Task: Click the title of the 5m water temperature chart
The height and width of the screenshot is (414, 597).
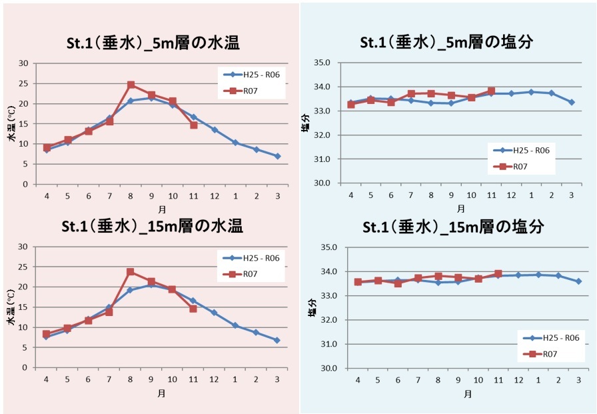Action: pyautogui.click(x=154, y=43)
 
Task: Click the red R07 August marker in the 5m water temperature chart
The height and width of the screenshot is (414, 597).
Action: pyautogui.click(x=131, y=85)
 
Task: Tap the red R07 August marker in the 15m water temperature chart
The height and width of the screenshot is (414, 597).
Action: pyautogui.click(x=131, y=272)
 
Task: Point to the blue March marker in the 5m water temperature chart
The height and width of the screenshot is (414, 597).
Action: pyautogui.click(x=277, y=156)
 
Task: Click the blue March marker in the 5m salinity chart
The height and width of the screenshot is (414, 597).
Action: pyautogui.click(x=572, y=102)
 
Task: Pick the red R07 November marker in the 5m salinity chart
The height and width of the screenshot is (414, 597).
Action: pyautogui.click(x=491, y=91)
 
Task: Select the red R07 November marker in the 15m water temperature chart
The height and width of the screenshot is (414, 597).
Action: pyautogui.click(x=193, y=309)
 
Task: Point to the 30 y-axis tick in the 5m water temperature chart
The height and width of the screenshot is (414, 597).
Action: pyautogui.click(x=23, y=64)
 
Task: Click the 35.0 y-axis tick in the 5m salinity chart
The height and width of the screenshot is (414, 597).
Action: pyautogui.click(x=322, y=63)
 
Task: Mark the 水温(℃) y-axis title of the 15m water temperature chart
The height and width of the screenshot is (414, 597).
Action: pyautogui.click(x=11, y=309)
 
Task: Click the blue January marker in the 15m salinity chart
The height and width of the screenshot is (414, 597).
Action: pyautogui.click(x=538, y=275)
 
